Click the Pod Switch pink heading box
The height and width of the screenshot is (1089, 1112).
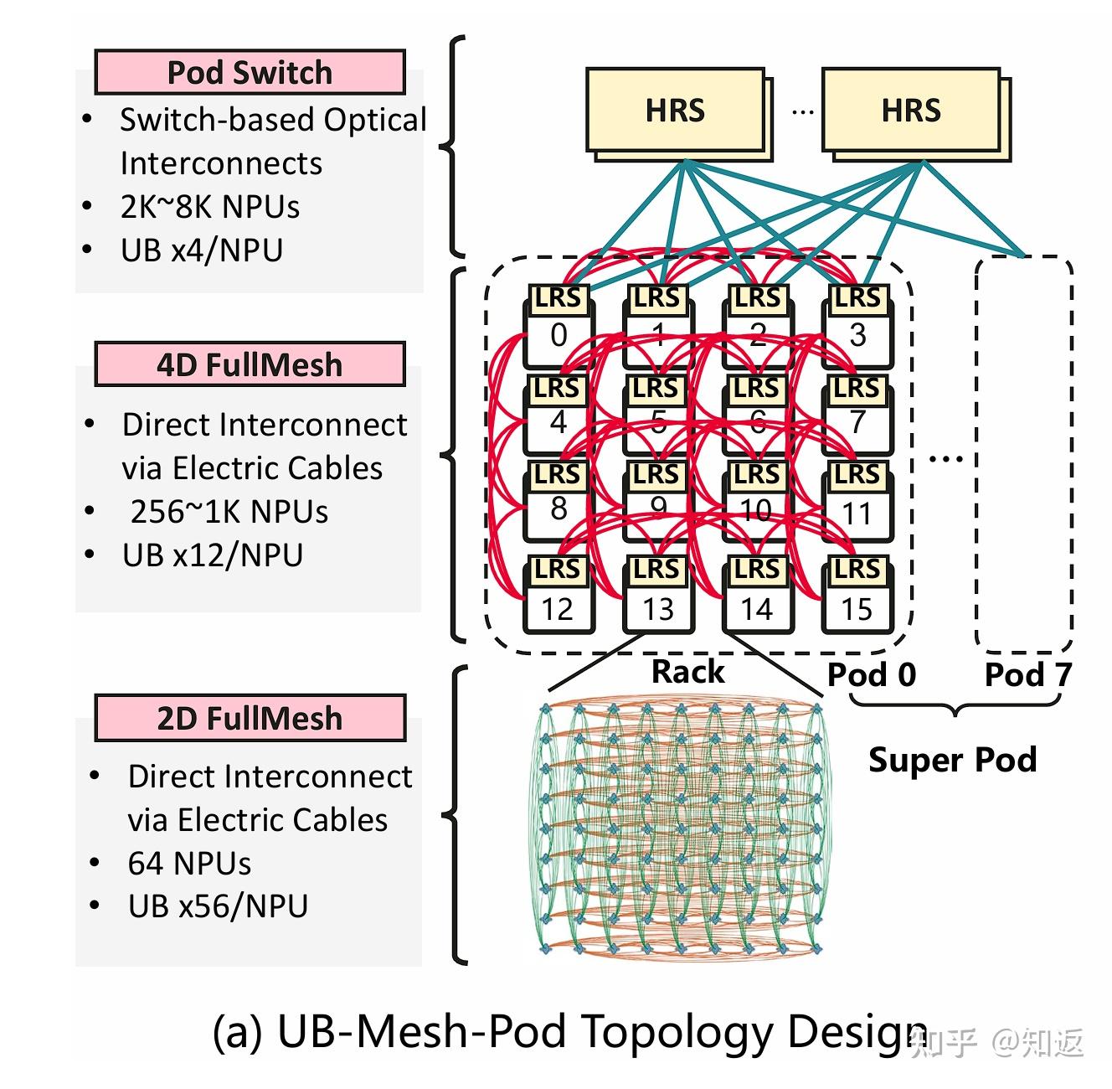[250, 72]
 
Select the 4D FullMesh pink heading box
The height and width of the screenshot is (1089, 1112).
[250, 364]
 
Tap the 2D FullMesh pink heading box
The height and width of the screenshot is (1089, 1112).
[250, 718]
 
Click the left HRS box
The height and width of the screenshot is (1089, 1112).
[675, 111]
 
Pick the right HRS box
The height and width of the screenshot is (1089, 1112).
[911, 111]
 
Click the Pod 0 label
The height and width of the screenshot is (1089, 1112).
[872, 674]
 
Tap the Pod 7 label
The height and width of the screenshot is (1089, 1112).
[1027, 674]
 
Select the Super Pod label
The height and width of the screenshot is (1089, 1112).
[953, 760]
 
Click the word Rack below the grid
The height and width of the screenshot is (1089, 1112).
[687, 671]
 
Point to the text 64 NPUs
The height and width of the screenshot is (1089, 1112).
[189, 863]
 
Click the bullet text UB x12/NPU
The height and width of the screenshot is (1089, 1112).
[213, 555]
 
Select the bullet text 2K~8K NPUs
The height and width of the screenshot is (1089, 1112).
[209, 206]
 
